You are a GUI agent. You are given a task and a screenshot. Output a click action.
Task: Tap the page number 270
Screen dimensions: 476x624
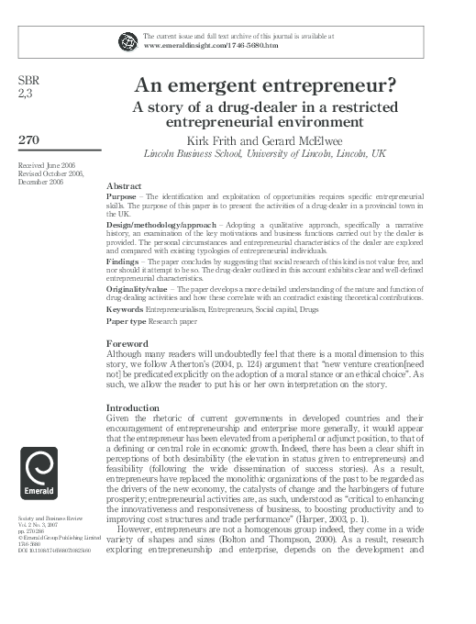tap(28, 139)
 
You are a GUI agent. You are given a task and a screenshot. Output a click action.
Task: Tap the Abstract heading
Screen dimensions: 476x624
tap(124, 185)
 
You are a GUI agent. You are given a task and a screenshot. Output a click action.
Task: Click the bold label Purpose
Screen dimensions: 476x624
tap(123, 196)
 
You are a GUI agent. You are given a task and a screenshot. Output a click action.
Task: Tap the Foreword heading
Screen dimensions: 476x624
tap(128, 343)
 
